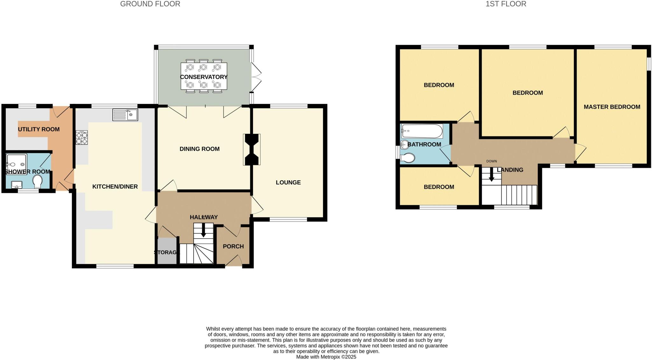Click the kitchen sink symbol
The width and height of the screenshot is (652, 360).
(x=125, y=115)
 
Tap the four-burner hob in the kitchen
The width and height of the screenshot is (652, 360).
(x=82, y=138)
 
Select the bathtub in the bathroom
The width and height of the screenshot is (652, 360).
(x=422, y=131)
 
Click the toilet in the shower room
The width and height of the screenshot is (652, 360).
(x=38, y=181)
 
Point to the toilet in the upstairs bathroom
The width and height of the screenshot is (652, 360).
(x=408, y=158)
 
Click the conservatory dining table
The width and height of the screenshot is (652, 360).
(x=204, y=76)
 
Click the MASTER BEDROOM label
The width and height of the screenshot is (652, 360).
(x=612, y=107)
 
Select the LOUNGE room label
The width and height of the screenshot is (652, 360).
(x=288, y=183)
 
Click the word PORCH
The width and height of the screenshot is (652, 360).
(x=233, y=246)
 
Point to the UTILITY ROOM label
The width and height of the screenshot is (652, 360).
(x=39, y=129)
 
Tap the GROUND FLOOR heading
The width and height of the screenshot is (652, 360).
(x=150, y=4)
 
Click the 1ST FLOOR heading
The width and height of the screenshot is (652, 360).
(x=506, y=4)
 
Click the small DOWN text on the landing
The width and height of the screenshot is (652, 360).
(x=491, y=161)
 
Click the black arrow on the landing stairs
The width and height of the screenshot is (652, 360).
(x=491, y=175)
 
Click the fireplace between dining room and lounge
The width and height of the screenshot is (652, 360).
(x=252, y=149)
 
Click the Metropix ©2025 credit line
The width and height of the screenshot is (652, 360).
(x=326, y=357)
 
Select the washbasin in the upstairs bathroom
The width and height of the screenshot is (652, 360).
(x=405, y=144)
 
